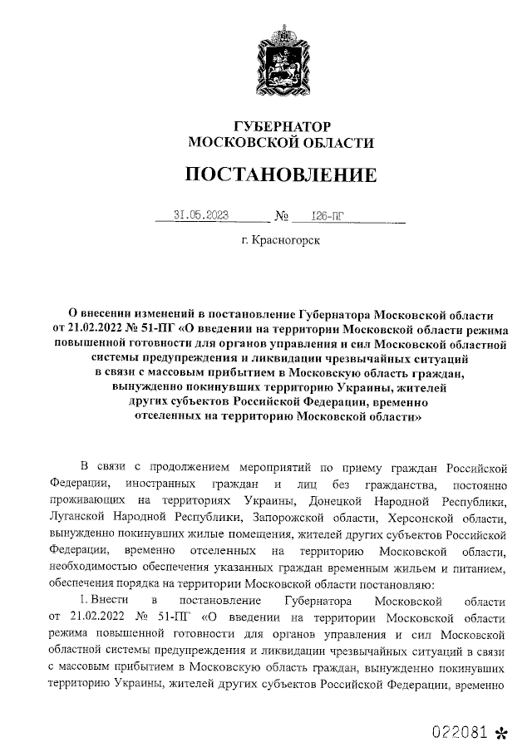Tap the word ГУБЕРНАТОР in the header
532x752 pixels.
coord(282,126)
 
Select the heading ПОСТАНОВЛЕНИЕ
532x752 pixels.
coord(281,174)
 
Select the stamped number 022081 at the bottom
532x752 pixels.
coord(459,732)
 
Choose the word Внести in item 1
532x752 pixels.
coord(110,600)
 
